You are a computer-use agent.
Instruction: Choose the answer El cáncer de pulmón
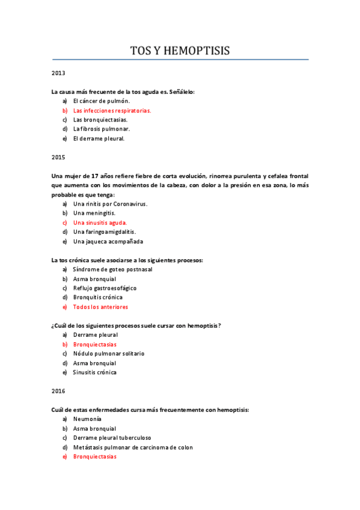coord(101,101)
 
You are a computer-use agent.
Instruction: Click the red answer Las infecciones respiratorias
coord(112,111)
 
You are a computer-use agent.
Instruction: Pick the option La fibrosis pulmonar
coord(101,129)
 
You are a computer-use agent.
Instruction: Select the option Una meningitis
coord(94,213)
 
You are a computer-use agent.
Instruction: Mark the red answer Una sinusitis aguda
coord(100,223)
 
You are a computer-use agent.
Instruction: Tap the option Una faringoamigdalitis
coord(104,232)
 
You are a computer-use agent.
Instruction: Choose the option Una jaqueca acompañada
coord(108,241)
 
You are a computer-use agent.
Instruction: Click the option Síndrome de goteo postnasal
coord(112,269)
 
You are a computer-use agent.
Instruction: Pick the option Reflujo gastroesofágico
coord(105,288)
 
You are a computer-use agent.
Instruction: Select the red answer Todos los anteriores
coord(100,307)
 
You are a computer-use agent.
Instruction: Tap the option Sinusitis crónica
coord(95,372)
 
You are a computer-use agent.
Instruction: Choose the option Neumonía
coord(87,419)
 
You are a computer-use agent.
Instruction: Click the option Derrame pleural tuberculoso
coord(112,438)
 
